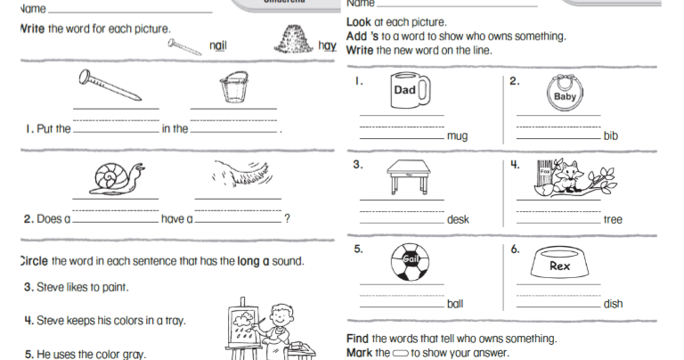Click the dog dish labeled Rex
tap(560, 265)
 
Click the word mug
tap(457, 136)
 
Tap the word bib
tap(610, 136)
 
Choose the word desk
tap(458, 219)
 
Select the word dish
tap(613, 304)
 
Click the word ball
tap(455, 304)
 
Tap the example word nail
tap(218, 45)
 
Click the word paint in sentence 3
tap(112, 287)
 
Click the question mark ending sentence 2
tap(286, 218)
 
